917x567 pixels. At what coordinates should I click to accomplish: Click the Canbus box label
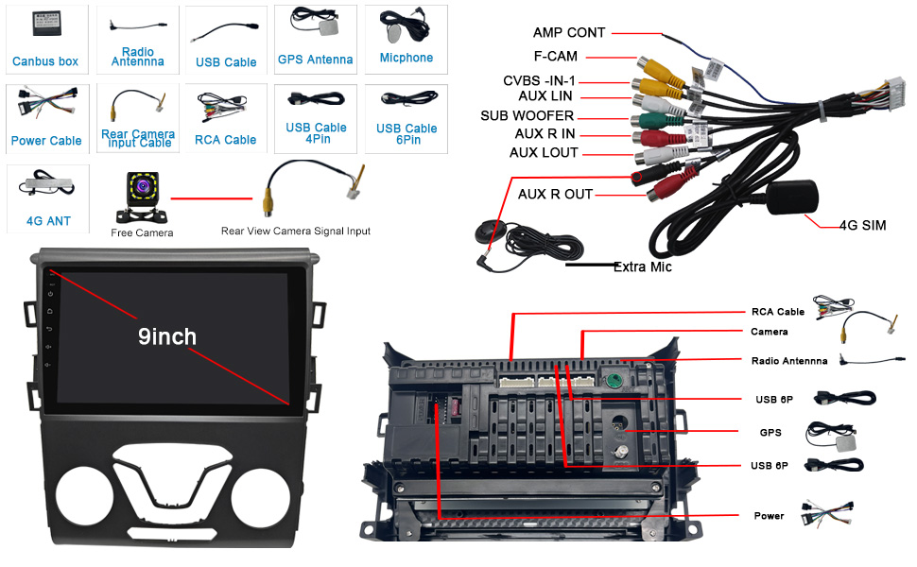45,61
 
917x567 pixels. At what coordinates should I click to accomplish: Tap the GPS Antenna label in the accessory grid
315,60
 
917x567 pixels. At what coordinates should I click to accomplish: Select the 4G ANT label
48,221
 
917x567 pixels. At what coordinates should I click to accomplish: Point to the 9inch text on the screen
167,336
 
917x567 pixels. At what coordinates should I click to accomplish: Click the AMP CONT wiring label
569,33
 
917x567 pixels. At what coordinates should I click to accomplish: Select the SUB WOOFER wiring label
527,115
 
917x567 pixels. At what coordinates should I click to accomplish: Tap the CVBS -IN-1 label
539,80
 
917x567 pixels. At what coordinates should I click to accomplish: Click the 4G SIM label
862,225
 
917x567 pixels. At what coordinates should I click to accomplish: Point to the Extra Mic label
642,267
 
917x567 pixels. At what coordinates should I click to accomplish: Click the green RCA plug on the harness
657,120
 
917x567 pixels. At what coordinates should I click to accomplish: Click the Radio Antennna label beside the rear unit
789,361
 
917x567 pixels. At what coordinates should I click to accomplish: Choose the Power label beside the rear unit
769,516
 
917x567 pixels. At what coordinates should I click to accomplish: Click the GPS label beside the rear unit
770,433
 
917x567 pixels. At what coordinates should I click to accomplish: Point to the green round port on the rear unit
613,382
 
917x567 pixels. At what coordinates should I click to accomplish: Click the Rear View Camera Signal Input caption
295,231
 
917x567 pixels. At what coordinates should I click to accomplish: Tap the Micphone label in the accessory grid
407,58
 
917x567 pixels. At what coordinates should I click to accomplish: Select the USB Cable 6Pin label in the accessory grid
407,134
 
